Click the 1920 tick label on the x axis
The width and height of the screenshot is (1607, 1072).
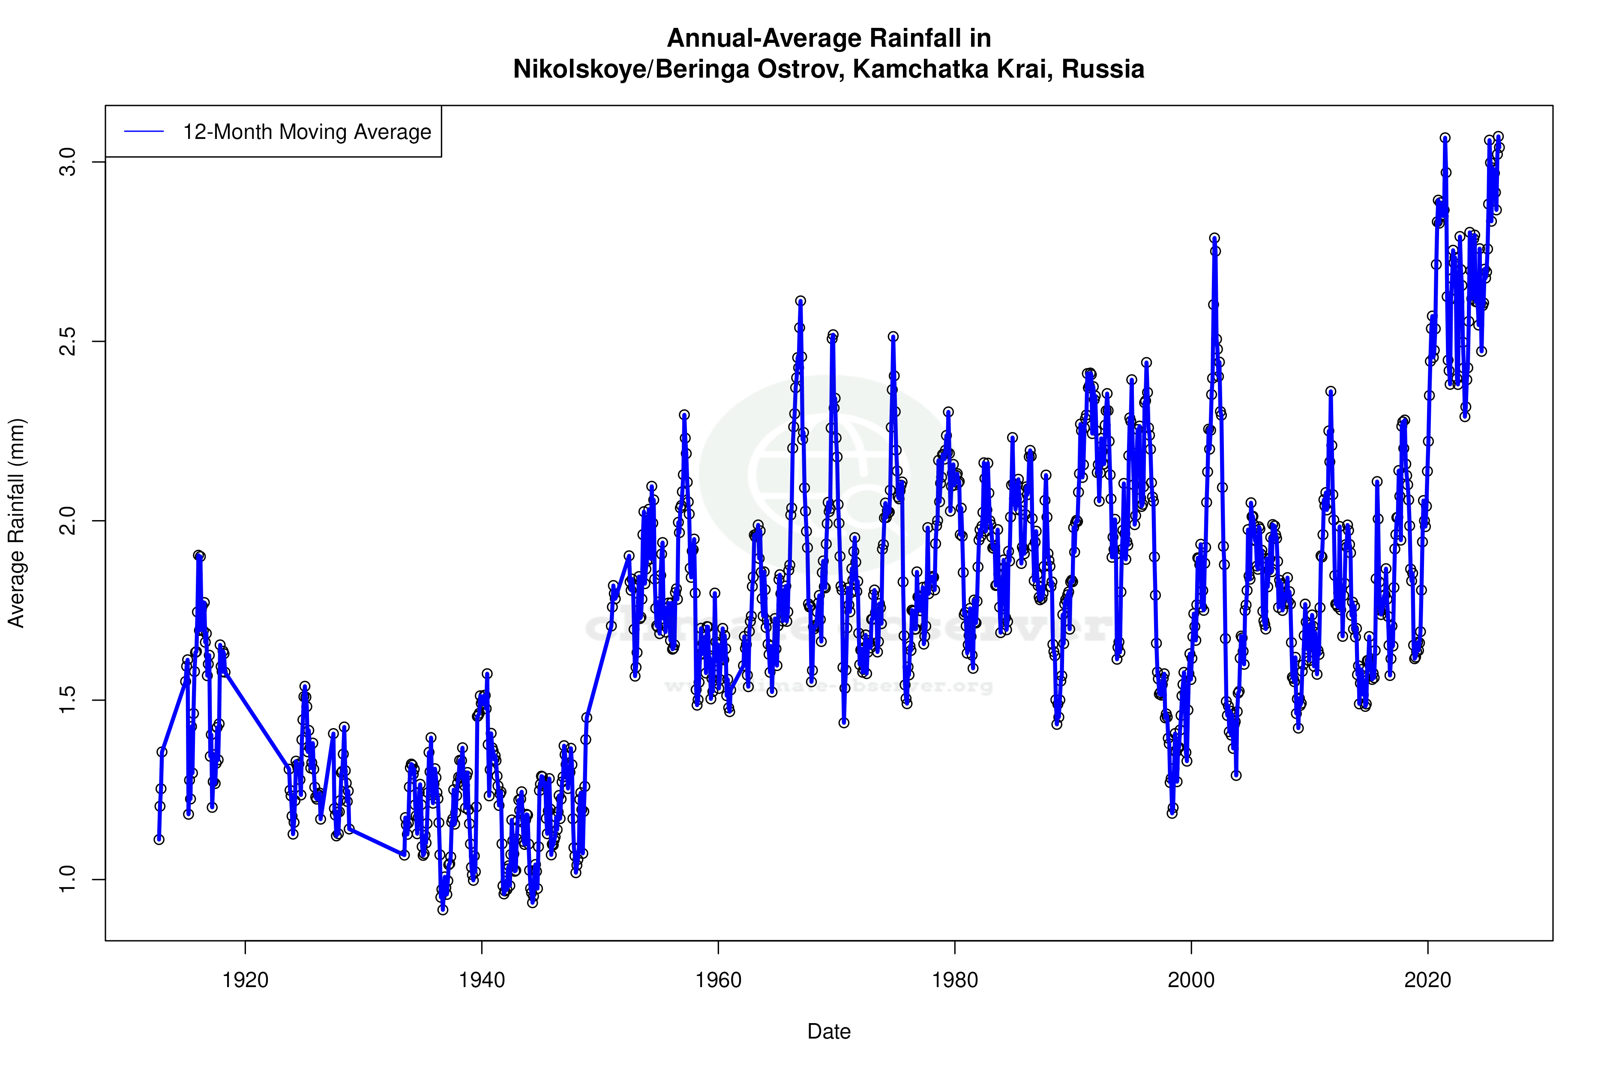point(245,980)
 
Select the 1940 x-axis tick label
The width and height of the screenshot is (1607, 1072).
point(482,980)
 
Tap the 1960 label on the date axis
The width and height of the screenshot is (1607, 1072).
point(718,980)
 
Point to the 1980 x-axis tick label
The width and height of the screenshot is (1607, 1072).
point(954,980)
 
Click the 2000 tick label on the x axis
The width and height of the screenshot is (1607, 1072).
point(1191,980)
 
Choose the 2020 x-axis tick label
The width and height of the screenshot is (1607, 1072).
point(1427,980)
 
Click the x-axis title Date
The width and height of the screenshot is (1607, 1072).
point(829,1032)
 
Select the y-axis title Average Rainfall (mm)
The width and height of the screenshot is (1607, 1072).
point(16,523)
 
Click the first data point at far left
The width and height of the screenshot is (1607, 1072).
point(159,840)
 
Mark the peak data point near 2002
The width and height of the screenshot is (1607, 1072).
point(1214,238)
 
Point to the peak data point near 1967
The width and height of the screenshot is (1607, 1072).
point(800,301)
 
